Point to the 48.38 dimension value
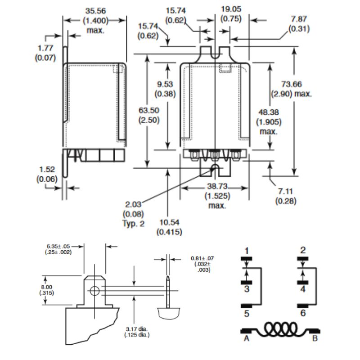(269, 112)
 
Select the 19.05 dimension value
(231, 10)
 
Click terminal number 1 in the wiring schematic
(246, 250)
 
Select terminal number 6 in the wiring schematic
(303, 313)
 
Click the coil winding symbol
(280, 328)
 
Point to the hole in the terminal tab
(94, 290)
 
